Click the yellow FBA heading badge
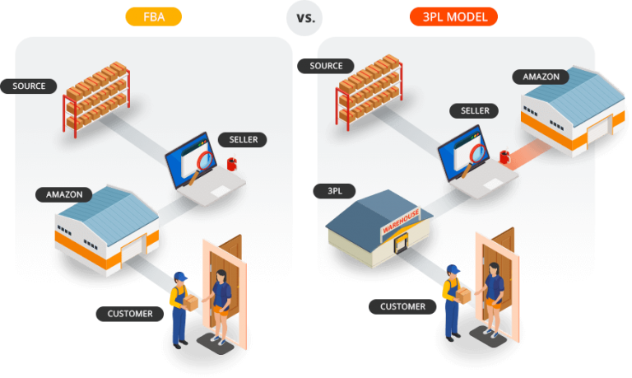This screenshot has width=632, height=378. click(153, 16)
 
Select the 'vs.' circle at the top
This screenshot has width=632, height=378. click(304, 16)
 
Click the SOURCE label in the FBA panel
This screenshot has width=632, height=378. click(30, 86)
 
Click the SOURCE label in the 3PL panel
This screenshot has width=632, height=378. click(326, 66)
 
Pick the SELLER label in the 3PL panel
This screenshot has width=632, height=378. click(475, 110)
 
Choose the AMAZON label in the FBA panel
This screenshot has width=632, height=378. click(64, 194)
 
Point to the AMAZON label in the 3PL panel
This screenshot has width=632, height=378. click(541, 77)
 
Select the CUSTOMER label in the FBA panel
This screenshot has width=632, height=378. click(130, 314)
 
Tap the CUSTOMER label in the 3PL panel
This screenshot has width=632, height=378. click(403, 306)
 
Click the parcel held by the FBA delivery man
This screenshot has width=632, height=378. click(190, 304)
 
